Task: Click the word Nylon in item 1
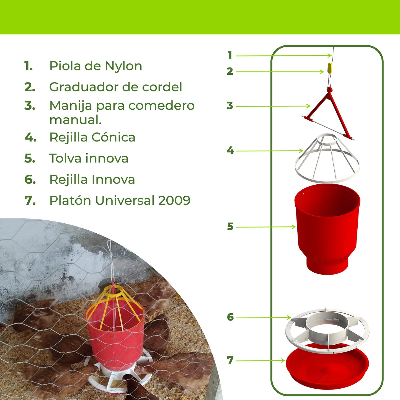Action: (x=123, y=66)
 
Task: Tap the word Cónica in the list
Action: (x=113, y=137)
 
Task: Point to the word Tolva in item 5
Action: (x=65, y=158)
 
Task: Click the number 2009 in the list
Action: (x=174, y=200)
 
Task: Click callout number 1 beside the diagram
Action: (x=229, y=55)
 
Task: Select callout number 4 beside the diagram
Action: (x=230, y=151)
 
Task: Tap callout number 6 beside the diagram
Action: (x=230, y=317)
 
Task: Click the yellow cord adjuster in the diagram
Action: (x=330, y=68)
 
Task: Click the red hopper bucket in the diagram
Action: (x=327, y=227)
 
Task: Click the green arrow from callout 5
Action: (x=266, y=227)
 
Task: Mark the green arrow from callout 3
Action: (x=273, y=106)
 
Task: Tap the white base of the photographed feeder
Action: (x=119, y=379)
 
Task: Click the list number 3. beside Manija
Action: (x=30, y=106)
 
